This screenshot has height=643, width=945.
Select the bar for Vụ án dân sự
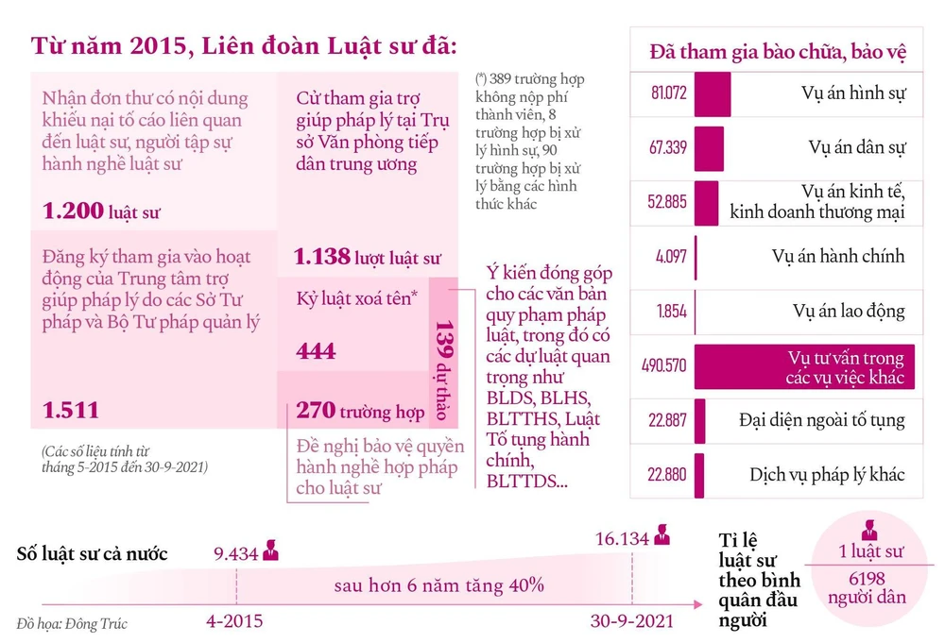pyautogui.click(x=709, y=148)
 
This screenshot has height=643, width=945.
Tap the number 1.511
pyautogui.click(x=71, y=409)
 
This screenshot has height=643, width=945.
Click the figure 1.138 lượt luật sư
pyautogui.click(x=367, y=256)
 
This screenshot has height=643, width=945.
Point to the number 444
pyautogui.click(x=316, y=351)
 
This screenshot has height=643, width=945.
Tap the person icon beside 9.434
pyautogui.click(x=271, y=550)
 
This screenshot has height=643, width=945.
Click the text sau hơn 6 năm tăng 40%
pyautogui.click(x=438, y=585)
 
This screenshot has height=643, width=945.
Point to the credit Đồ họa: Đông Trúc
pyautogui.click(x=72, y=623)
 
